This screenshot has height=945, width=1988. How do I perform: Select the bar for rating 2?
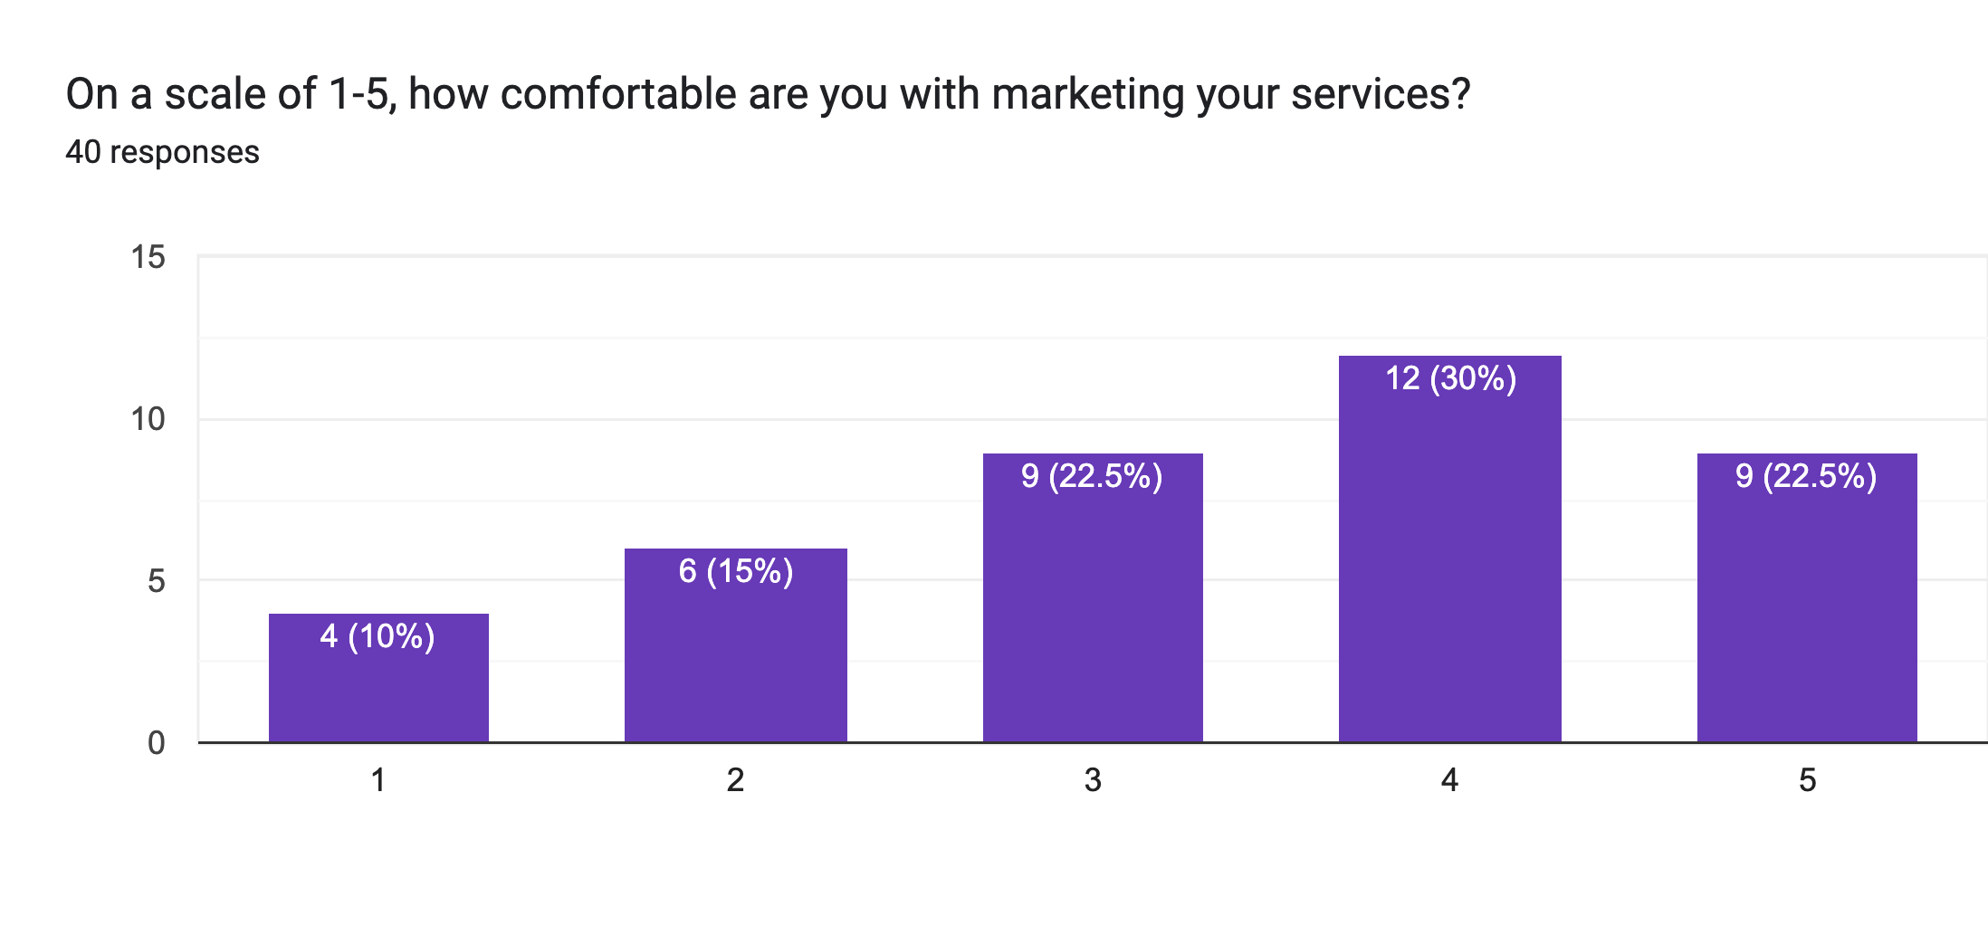[735, 661]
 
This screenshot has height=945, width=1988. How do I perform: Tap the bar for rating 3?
[1093, 616]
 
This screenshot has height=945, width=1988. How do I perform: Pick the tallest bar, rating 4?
[1449, 561]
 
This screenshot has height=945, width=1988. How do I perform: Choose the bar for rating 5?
[1807, 616]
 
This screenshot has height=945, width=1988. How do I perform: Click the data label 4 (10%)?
[378, 636]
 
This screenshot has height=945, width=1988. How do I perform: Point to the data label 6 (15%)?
[736, 571]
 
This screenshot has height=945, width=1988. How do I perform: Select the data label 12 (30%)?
[1450, 378]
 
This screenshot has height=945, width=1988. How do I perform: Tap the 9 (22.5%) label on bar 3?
[1092, 476]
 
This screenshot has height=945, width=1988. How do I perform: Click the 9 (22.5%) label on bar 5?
[1806, 476]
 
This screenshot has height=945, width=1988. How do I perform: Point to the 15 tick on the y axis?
[148, 258]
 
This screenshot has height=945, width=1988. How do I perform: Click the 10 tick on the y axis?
[148, 419]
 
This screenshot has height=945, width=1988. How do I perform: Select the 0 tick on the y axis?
[156, 743]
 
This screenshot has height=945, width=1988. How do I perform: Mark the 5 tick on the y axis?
[156, 581]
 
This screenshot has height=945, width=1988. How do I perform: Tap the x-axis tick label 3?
[1093, 780]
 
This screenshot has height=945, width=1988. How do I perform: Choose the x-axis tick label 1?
[378, 780]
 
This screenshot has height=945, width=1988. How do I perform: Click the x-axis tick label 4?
[1449, 780]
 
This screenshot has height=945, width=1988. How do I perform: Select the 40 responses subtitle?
[162, 152]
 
